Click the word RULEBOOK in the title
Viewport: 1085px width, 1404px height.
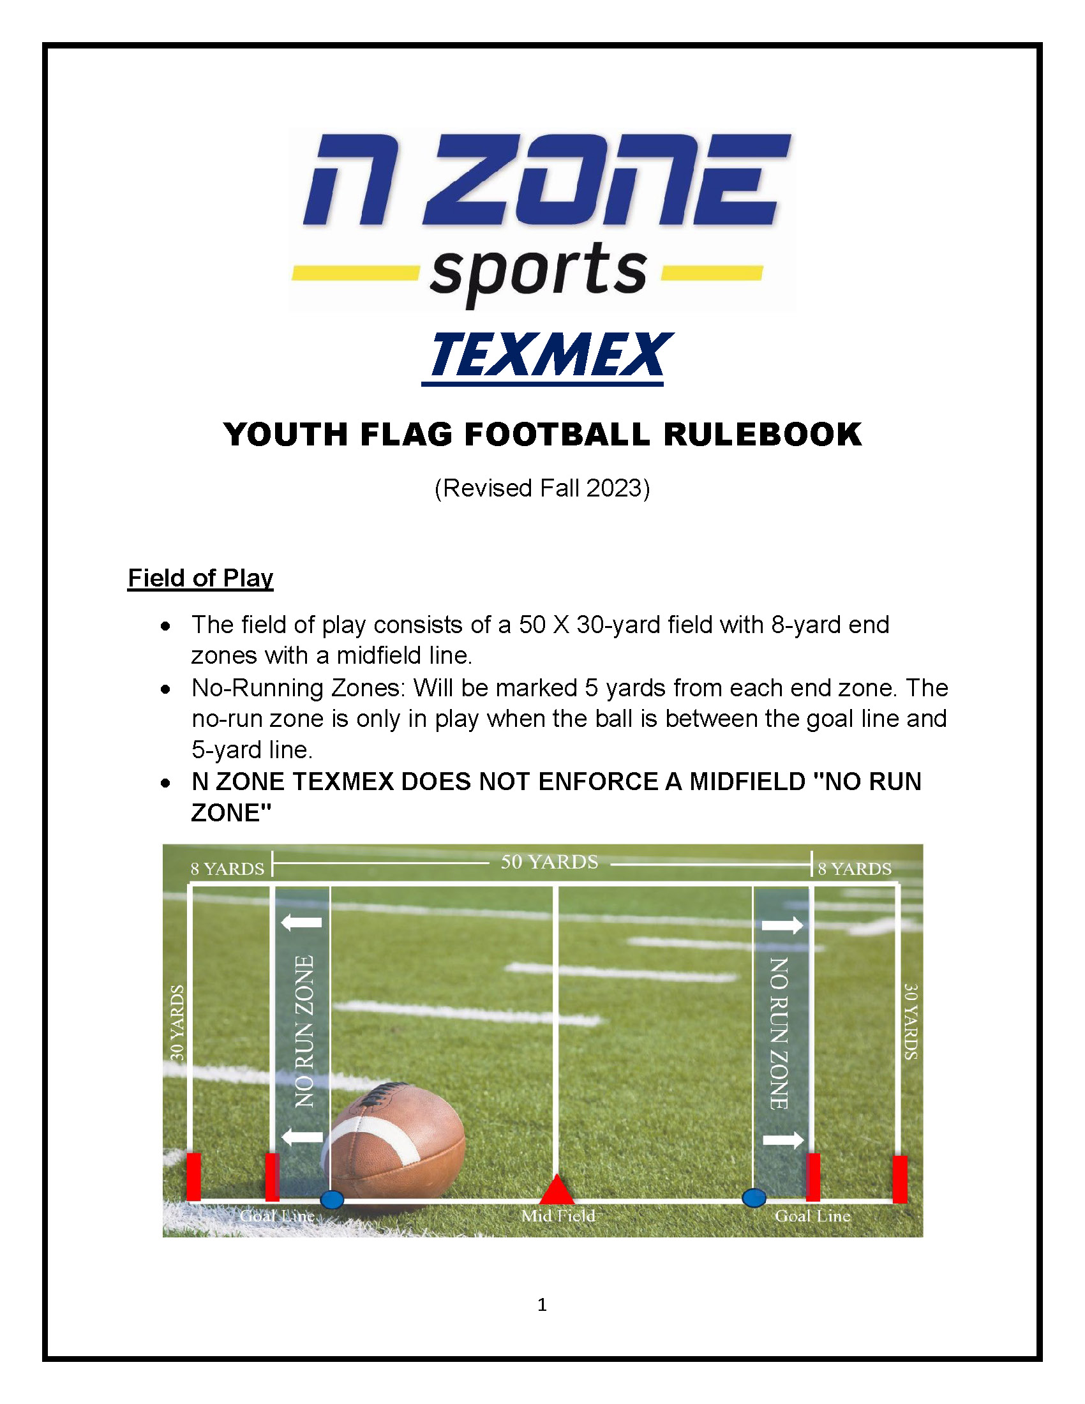tap(762, 434)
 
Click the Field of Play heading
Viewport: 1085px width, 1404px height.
tap(200, 578)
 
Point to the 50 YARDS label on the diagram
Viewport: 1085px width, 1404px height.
tap(550, 862)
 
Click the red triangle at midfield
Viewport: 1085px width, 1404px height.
tap(557, 1190)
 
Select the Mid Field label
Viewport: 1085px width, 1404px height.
tap(558, 1216)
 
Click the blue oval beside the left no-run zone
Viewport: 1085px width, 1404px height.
tap(332, 1200)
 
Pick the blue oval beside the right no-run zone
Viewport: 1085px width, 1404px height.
tap(754, 1199)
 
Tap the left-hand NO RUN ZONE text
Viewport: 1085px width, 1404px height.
tap(304, 1032)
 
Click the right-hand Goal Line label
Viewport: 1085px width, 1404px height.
tap(812, 1216)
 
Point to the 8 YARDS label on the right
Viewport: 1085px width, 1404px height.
tap(855, 869)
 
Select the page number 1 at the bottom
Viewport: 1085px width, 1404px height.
tap(542, 1304)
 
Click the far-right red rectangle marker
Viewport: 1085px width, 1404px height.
tap(900, 1179)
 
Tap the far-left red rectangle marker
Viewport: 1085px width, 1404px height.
tap(193, 1177)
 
